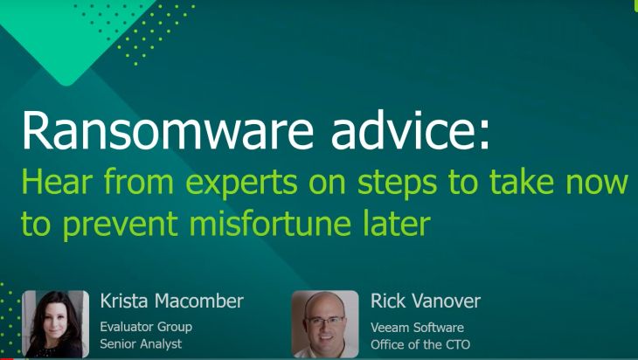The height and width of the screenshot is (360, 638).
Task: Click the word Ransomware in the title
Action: point(168,130)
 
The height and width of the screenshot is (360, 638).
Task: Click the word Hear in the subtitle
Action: point(57,183)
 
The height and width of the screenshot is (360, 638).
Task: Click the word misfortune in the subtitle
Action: point(270,223)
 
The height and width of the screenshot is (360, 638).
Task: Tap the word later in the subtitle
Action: point(397,223)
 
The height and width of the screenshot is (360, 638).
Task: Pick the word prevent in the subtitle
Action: point(121,225)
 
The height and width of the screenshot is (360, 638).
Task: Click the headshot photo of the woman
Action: point(55,324)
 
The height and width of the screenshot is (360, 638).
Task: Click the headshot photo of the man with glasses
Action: point(325,324)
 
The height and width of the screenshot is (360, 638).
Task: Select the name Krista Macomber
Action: point(171,301)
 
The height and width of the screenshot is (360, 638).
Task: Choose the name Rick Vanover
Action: point(426,301)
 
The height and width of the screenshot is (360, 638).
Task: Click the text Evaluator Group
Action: point(146,327)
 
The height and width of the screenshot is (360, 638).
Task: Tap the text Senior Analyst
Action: point(141,343)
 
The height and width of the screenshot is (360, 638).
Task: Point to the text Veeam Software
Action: point(417,327)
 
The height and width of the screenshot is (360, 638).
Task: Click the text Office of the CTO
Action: point(420,344)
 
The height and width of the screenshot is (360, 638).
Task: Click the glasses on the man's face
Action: point(325,321)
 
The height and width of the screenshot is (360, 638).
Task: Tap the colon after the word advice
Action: point(484,135)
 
